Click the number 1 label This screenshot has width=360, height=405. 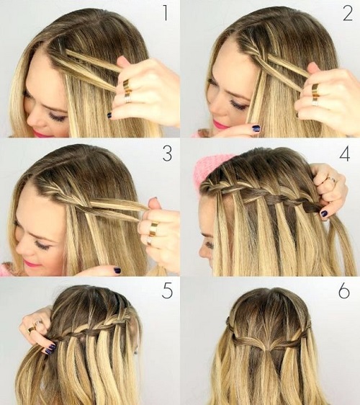coord(166,13)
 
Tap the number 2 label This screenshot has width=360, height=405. coord(348,13)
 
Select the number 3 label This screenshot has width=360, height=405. coord(167,153)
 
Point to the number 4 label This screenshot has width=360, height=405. coord(345,154)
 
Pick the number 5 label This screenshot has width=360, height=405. coord(167,291)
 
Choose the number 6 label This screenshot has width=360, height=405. coord(344,291)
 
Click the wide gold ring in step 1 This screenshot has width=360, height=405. coord(127,86)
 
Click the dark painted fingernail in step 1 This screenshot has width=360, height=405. coord(109,115)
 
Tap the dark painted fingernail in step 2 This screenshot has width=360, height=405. coord(256,128)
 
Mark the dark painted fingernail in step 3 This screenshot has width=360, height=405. coord(117,270)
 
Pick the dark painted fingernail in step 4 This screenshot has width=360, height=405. coord(323,213)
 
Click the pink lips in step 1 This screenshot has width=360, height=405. coord(39,133)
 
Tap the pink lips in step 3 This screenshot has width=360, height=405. coord(31,264)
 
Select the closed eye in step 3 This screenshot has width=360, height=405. coord(42,245)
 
